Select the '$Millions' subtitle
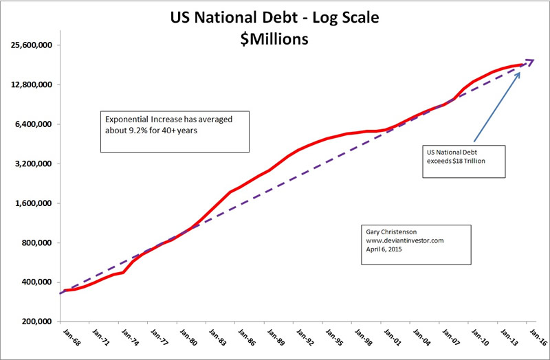(274, 39)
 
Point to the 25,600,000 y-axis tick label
(33, 45)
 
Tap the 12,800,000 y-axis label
(33, 85)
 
